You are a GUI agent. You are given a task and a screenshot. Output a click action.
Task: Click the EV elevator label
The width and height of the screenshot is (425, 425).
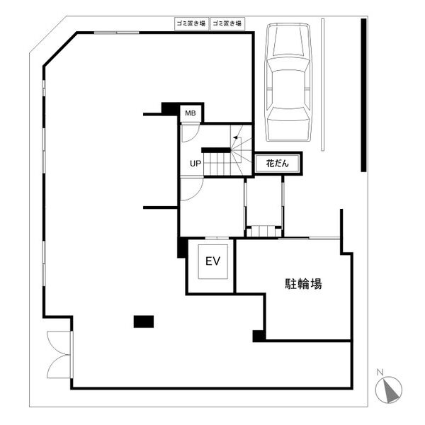point(212,261)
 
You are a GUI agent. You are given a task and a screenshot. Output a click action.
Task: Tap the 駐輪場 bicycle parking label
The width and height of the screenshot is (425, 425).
point(303,284)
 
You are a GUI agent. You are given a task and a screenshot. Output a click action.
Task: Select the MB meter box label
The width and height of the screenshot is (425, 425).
point(191,113)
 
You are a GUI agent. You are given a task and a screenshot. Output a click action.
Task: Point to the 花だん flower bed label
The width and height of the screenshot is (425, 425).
point(277,164)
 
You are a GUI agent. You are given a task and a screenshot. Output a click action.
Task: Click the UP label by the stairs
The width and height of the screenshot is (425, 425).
point(195,164)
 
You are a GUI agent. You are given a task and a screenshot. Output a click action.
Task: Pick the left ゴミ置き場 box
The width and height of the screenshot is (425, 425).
point(191,23)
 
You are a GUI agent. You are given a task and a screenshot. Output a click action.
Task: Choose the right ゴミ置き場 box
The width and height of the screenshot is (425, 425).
point(227,23)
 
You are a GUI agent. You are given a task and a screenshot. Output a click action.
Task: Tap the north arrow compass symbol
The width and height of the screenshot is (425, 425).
point(388,390)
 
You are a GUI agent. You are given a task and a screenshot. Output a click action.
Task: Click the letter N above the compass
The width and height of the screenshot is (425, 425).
point(380,372)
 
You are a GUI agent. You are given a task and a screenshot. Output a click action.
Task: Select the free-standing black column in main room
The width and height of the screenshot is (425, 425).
point(144,322)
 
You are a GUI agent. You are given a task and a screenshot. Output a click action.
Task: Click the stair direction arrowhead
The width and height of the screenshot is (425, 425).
point(236,137)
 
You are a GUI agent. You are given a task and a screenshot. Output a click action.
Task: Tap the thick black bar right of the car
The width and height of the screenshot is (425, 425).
point(363,95)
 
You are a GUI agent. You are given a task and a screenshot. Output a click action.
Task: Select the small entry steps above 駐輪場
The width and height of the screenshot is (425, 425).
point(263,231)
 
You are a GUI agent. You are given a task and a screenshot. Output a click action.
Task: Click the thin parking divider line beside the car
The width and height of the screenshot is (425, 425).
point(322,84)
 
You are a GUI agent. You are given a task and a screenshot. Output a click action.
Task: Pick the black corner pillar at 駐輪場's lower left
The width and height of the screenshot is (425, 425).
point(259,336)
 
